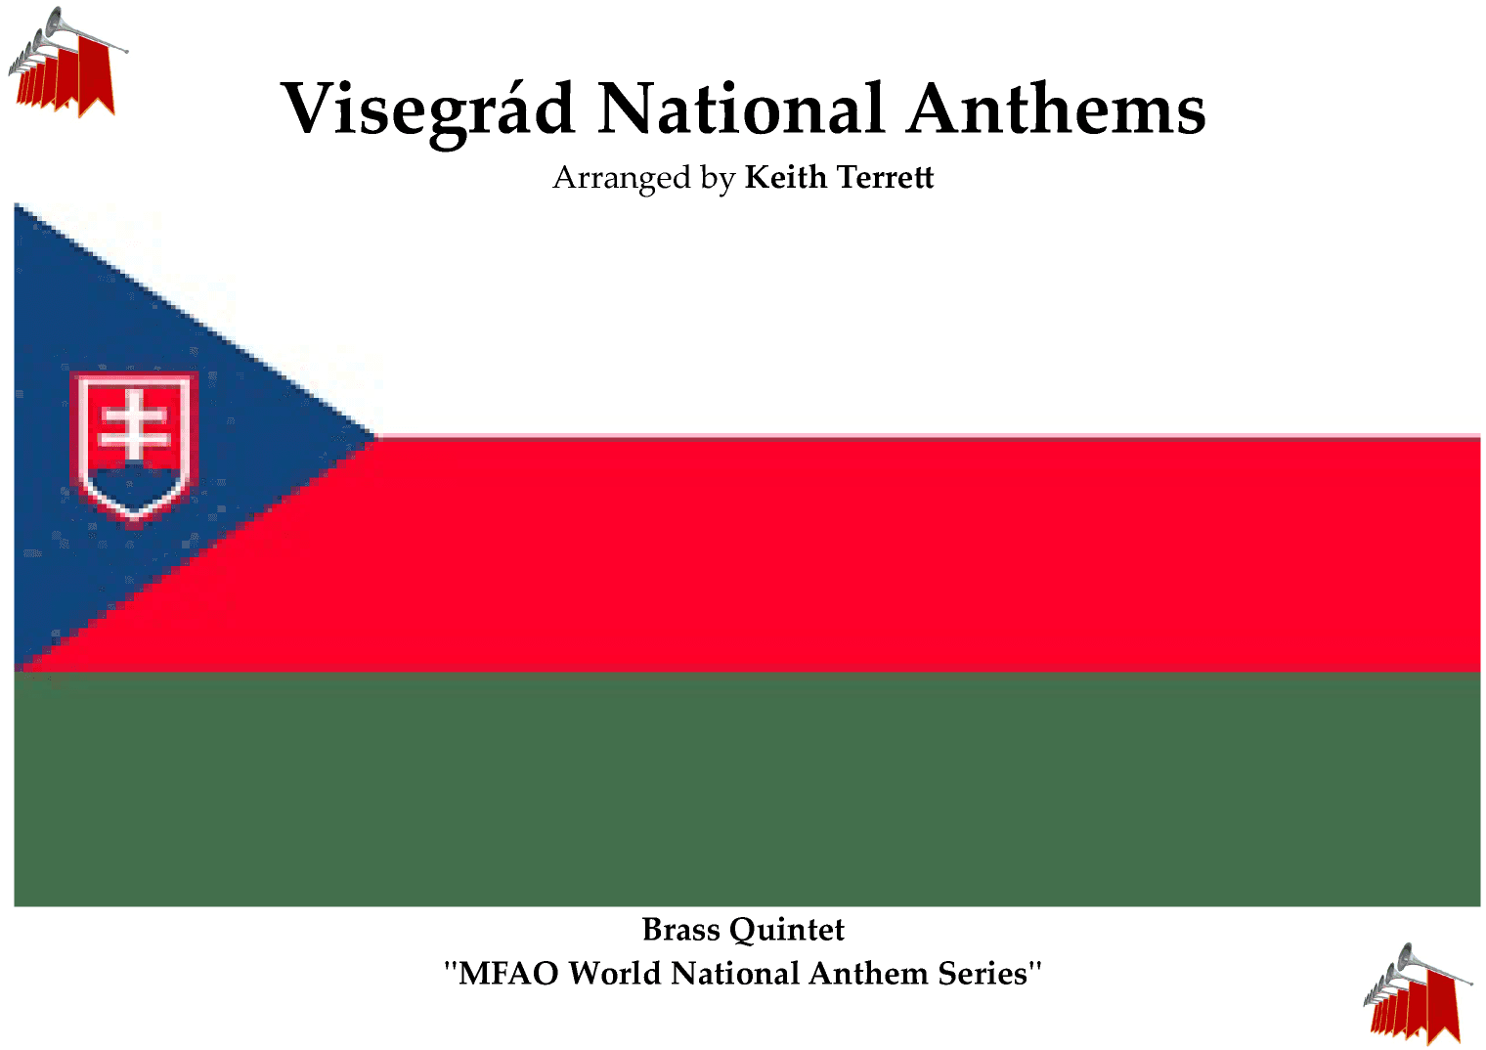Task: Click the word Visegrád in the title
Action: pyautogui.click(x=427, y=109)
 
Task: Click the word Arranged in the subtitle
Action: pyautogui.click(x=622, y=178)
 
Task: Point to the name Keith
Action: pyautogui.click(x=785, y=177)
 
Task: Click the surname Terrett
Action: pyautogui.click(x=886, y=177)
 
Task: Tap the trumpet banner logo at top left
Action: pyautogui.click(x=66, y=63)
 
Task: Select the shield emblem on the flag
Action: pyautogui.click(x=135, y=445)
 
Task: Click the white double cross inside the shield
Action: pyautogui.click(x=135, y=425)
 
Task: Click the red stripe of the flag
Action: pyautogui.click(x=880, y=554)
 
